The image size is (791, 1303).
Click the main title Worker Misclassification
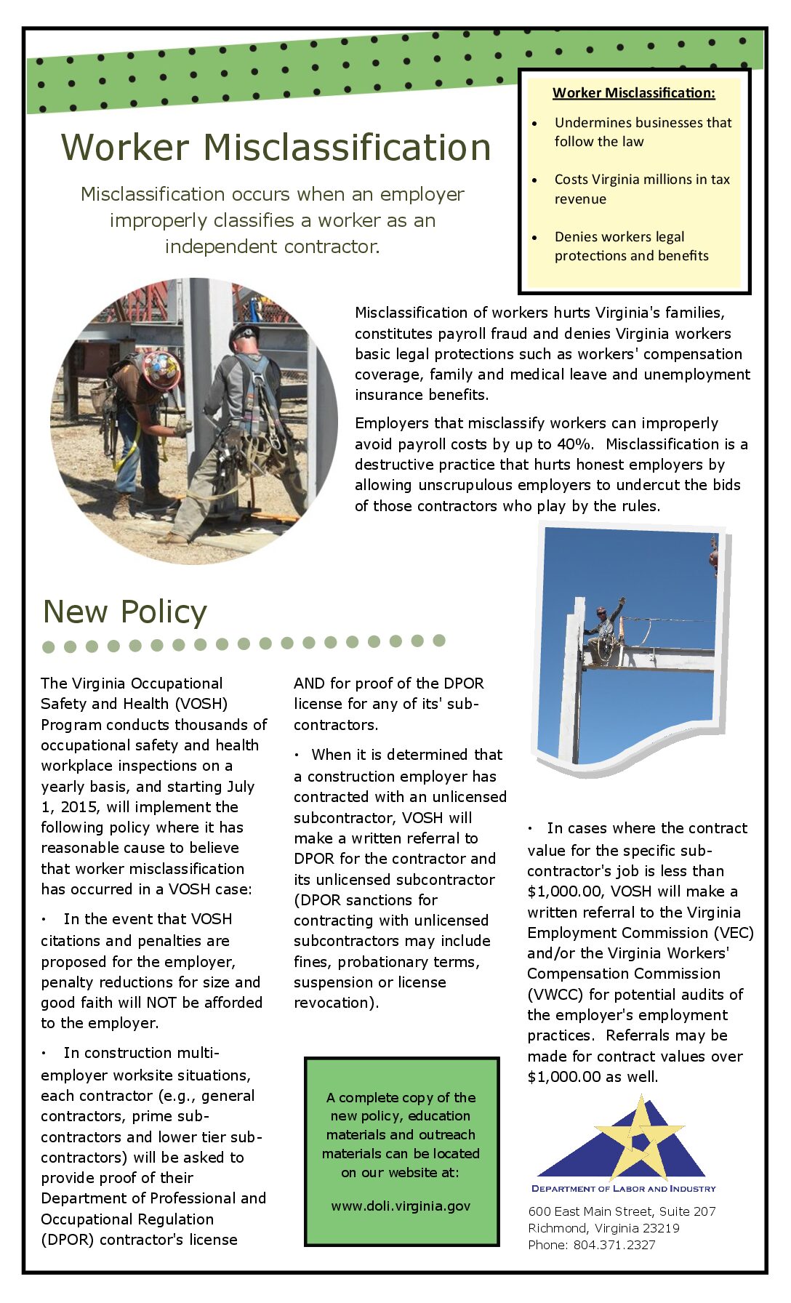click(x=276, y=148)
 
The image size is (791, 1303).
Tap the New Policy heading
click(x=125, y=612)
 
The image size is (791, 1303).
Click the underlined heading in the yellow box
click(x=633, y=93)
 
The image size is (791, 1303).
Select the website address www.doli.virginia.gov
click(x=401, y=1206)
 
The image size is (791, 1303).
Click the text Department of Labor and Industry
click(x=623, y=1189)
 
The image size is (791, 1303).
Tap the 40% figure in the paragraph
click(x=576, y=444)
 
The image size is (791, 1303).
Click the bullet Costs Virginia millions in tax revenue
click(x=641, y=189)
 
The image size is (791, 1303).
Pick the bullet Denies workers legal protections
click(x=630, y=246)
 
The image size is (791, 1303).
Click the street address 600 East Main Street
click(x=622, y=1211)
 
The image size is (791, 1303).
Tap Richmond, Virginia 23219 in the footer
click(x=603, y=1228)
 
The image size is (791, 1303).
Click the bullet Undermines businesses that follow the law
click(x=642, y=132)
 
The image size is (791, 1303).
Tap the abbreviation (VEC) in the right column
click(x=734, y=933)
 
